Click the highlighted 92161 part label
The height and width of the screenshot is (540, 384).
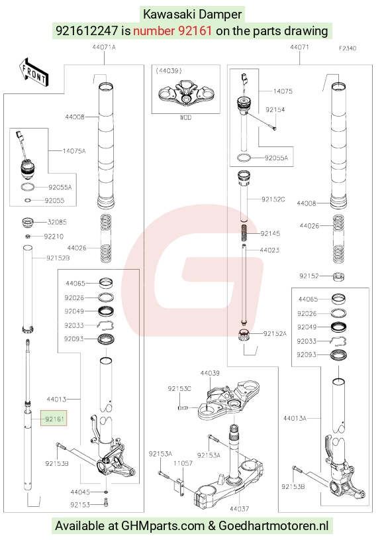[x=54, y=419]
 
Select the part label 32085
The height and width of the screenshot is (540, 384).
[x=57, y=222]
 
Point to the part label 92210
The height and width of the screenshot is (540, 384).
[x=54, y=237]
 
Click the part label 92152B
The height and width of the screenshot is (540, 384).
[x=58, y=258]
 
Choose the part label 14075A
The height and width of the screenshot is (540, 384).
[x=74, y=151]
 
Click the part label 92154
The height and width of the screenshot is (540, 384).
[x=275, y=110]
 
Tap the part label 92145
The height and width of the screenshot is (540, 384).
[x=270, y=233]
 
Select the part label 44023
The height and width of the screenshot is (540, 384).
[x=269, y=250]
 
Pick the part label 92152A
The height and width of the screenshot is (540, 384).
[x=275, y=333]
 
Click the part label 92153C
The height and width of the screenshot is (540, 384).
[x=179, y=388]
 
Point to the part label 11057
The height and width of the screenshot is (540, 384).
[x=183, y=464]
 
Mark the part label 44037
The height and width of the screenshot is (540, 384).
[x=240, y=509]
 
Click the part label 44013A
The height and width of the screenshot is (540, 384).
[x=295, y=418]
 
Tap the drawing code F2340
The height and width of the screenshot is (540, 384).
[x=348, y=48]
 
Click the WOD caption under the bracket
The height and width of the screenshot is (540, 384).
[x=185, y=118]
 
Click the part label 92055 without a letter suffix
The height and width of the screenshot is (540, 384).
[x=55, y=201]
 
